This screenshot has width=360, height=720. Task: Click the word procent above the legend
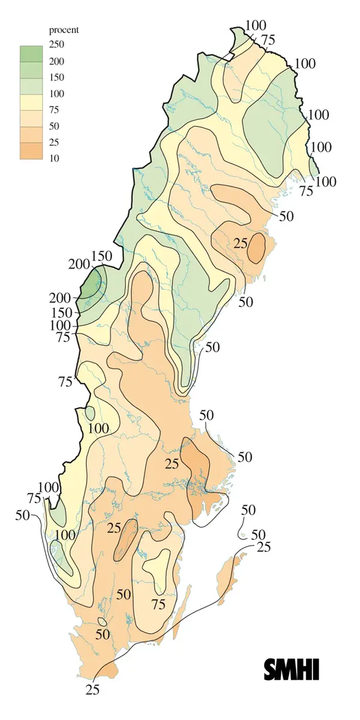(x=64, y=29)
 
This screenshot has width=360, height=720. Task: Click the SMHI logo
(x=292, y=670)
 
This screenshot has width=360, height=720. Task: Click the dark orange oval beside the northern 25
(x=257, y=247)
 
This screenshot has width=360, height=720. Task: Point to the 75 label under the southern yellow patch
(x=158, y=604)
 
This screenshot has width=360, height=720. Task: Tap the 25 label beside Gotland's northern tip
(x=263, y=547)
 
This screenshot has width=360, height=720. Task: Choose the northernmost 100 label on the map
(x=256, y=25)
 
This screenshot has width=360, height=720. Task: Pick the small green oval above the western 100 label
(x=90, y=413)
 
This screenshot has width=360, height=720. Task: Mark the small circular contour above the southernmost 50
(x=102, y=622)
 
